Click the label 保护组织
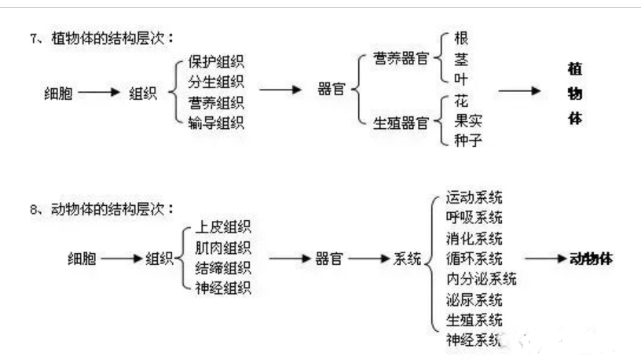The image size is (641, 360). (x=216, y=62)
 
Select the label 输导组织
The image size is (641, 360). (x=216, y=123)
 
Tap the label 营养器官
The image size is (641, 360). (x=401, y=58)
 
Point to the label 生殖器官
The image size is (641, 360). (x=401, y=123)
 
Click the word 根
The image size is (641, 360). (x=461, y=39)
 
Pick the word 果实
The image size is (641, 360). (x=468, y=121)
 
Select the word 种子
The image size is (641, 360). (x=468, y=141)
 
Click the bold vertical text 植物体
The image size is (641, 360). (x=575, y=94)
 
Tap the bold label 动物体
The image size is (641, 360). (x=592, y=259)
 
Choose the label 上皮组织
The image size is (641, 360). (x=223, y=226)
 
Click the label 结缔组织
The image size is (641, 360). (x=223, y=268)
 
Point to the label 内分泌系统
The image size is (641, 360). (x=482, y=279)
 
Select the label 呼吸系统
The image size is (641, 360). (x=474, y=218)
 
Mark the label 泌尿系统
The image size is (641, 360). (x=474, y=299)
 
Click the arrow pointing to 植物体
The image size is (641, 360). (x=519, y=91)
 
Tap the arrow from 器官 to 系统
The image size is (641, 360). (x=369, y=259)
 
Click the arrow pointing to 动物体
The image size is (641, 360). (x=546, y=259)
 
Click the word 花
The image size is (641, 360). (x=461, y=101)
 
